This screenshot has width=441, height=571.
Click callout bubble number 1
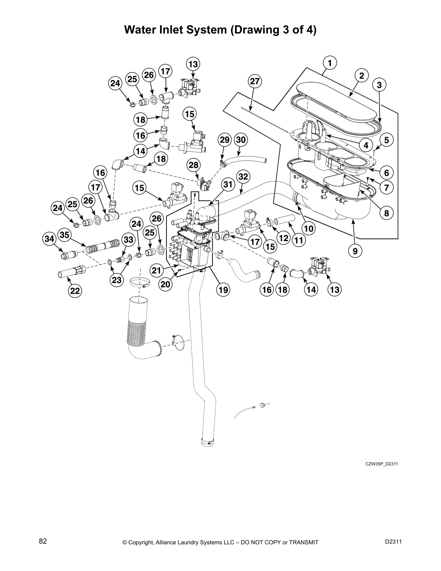coord(329,63)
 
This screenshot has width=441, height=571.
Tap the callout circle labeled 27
coord(255,81)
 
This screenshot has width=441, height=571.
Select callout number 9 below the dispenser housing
coord(355,251)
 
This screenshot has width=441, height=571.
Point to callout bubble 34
coord(49,238)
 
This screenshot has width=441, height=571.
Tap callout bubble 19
coord(223,289)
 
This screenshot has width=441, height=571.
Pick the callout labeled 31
coord(227,185)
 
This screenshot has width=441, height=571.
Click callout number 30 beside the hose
coord(241,140)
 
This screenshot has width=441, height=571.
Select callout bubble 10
coord(309,228)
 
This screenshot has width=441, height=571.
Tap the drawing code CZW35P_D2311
coord(382,464)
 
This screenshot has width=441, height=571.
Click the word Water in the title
coord(138,30)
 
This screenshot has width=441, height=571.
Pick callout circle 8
coord(386,213)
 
